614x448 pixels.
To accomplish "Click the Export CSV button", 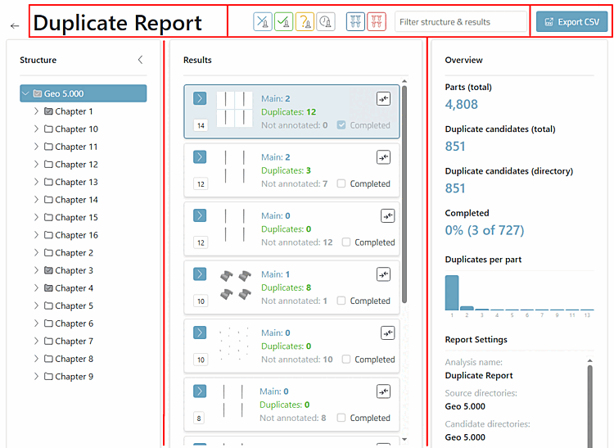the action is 571,22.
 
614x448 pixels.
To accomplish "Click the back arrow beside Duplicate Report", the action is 15,26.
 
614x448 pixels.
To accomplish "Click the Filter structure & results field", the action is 460,22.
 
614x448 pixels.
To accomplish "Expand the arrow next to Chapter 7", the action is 36,341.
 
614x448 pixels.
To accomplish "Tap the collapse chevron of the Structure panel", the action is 140,60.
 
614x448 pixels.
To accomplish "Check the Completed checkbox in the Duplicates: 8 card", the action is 341,301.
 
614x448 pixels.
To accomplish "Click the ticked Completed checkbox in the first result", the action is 341,125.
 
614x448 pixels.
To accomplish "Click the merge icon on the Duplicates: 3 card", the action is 383,157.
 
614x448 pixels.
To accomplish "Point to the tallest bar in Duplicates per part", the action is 452,292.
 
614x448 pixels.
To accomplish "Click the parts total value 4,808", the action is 461,104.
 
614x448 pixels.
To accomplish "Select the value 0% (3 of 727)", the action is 485,230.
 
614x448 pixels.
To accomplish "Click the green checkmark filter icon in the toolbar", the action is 283,22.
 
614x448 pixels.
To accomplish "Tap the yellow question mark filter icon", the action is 305,22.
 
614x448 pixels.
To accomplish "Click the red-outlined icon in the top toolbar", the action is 377,22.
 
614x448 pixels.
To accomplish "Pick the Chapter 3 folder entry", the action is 69,270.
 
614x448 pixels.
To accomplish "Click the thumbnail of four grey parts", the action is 235,285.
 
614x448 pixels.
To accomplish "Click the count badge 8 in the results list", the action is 199,419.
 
